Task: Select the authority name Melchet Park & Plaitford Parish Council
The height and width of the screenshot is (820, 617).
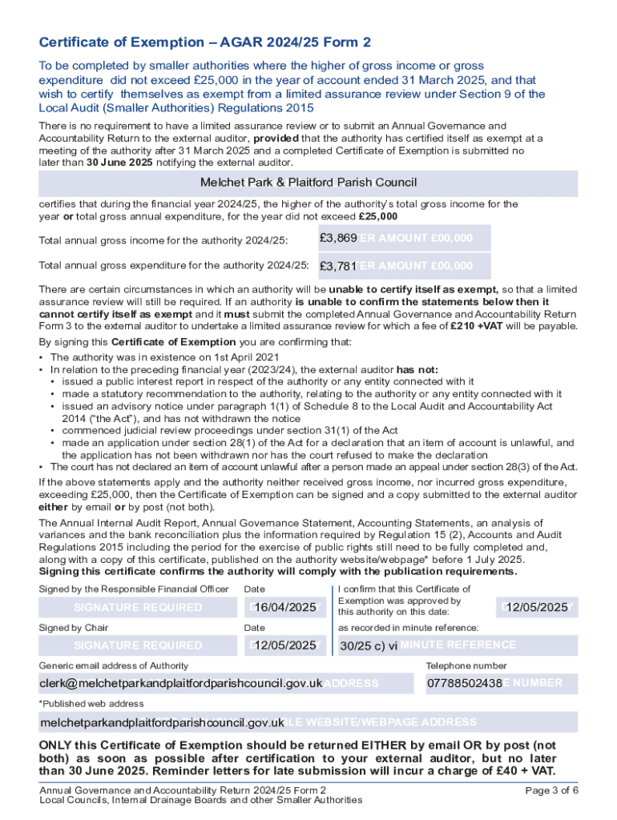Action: point(308,182)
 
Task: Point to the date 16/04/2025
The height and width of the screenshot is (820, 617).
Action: point(286,608)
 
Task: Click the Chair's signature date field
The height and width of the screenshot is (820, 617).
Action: point(286,645)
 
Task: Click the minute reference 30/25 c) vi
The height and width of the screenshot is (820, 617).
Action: point(369,645)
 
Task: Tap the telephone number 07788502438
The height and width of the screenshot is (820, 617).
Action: point(464,683)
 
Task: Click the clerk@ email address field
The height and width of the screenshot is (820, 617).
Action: point(181,683)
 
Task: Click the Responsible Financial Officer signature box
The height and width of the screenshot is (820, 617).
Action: point(138,608)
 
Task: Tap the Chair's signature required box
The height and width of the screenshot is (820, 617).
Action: point(138,645)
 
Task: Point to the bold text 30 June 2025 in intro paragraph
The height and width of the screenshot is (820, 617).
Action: point(119,162)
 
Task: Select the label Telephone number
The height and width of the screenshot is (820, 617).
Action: point(466,665)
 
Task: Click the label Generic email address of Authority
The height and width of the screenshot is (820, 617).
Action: point(114,665)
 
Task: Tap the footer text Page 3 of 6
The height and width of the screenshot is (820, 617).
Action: point(551,790)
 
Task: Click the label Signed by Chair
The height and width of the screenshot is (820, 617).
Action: point(74,628)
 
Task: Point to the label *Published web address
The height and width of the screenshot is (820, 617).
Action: point(91,704)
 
